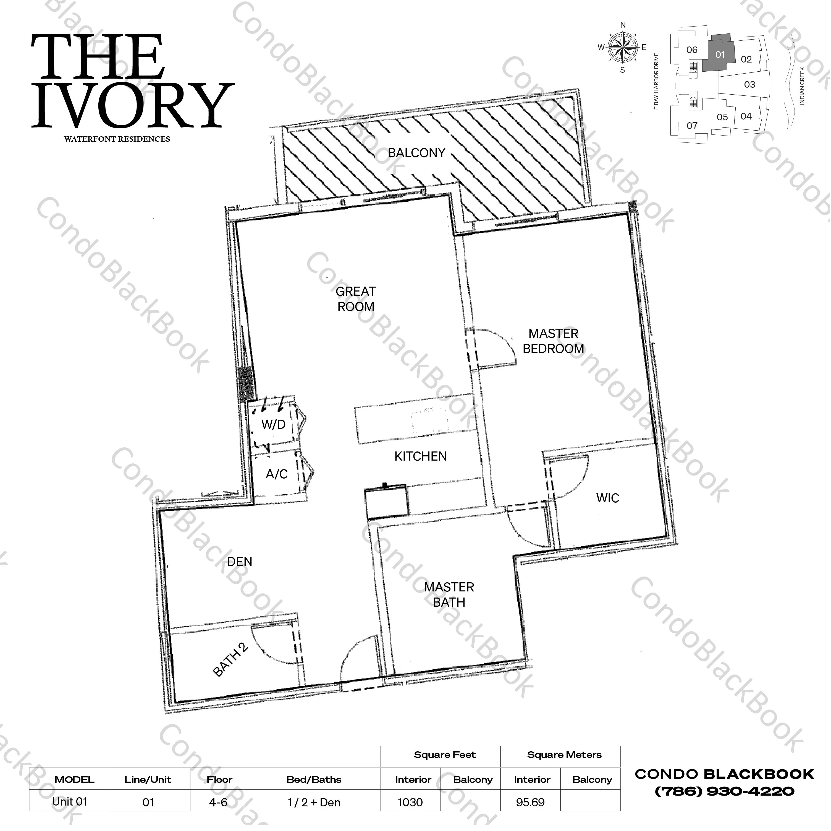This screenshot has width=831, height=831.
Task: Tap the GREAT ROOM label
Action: point(356,299)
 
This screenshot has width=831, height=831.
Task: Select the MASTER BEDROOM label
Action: point(553,341)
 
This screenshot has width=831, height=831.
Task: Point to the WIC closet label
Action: point(607,498)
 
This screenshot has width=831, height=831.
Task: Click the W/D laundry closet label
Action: point(274,425)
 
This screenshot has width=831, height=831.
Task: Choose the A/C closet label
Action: point(277,474)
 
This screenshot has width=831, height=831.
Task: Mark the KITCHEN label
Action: point(420,456)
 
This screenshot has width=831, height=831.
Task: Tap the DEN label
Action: point(240,562)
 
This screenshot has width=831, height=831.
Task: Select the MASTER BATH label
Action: point(449,594)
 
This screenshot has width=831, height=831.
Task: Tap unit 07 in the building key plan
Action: point(692,126)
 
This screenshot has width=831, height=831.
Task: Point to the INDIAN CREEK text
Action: point(802,86)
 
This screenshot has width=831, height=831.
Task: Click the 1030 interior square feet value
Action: point(410,803)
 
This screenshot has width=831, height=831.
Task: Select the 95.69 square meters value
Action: point(530,803)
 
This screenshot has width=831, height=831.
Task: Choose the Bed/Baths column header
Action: point(314,779)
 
